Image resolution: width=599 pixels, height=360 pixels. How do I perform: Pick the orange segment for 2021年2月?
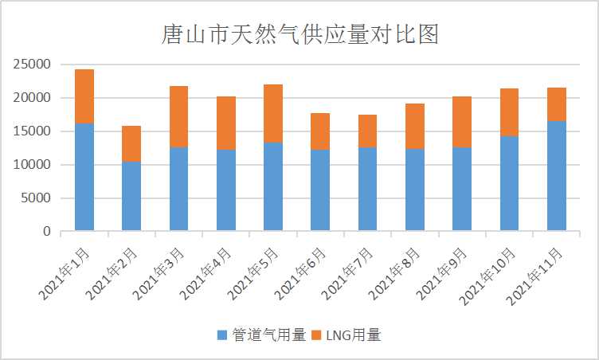(x=131, y=143)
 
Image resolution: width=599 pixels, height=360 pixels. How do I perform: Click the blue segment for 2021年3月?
(x=178, y=189)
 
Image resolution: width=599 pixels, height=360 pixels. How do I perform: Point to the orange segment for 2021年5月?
(x=273, y=113)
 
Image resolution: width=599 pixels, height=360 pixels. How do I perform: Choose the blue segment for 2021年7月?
(x=367, y=189)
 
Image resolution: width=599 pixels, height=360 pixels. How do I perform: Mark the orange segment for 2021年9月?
(x=462, y=122)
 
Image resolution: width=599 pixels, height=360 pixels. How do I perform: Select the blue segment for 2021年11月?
(x=556, y=176)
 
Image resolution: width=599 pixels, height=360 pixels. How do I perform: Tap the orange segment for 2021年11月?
(x=556, y=104)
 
